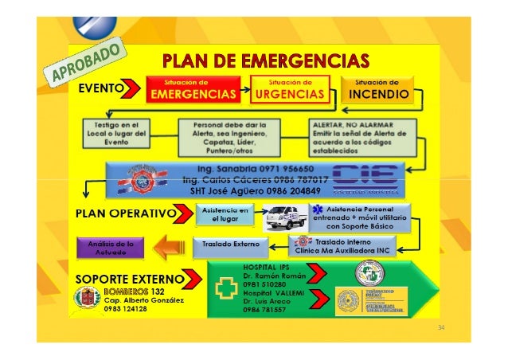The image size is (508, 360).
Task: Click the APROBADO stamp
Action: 90,62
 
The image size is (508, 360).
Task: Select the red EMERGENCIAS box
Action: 194,90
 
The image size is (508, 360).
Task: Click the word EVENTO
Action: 99,91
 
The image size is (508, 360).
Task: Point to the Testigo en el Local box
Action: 113,134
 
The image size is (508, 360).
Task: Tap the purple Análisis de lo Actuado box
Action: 111,246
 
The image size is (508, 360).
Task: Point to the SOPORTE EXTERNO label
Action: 129,280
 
